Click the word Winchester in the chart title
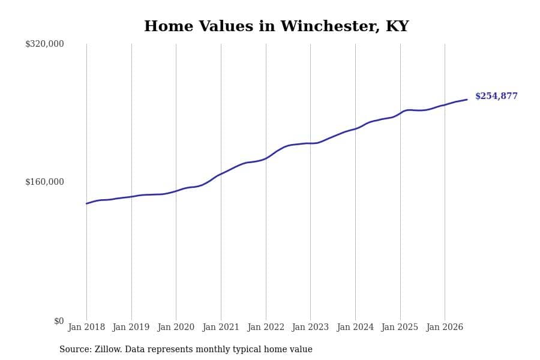[330, 26]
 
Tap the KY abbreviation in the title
[397, 26]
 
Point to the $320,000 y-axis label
[44, 44]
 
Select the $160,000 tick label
[44, 182]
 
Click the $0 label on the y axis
[59, 321]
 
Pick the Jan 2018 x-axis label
[86, 327]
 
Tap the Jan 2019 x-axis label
[131, 327]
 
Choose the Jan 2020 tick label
[176, 327]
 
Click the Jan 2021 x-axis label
[221, 327]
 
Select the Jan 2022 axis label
[266, 327]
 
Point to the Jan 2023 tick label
[310, 327]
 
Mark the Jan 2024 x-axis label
[355, 327]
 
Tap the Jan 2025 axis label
[400, 327]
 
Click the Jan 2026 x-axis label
[445, 327]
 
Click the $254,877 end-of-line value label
[496, 96]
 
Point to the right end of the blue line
[467, 100]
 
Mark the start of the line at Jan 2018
[86, 203]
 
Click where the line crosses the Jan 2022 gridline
[266, 158]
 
